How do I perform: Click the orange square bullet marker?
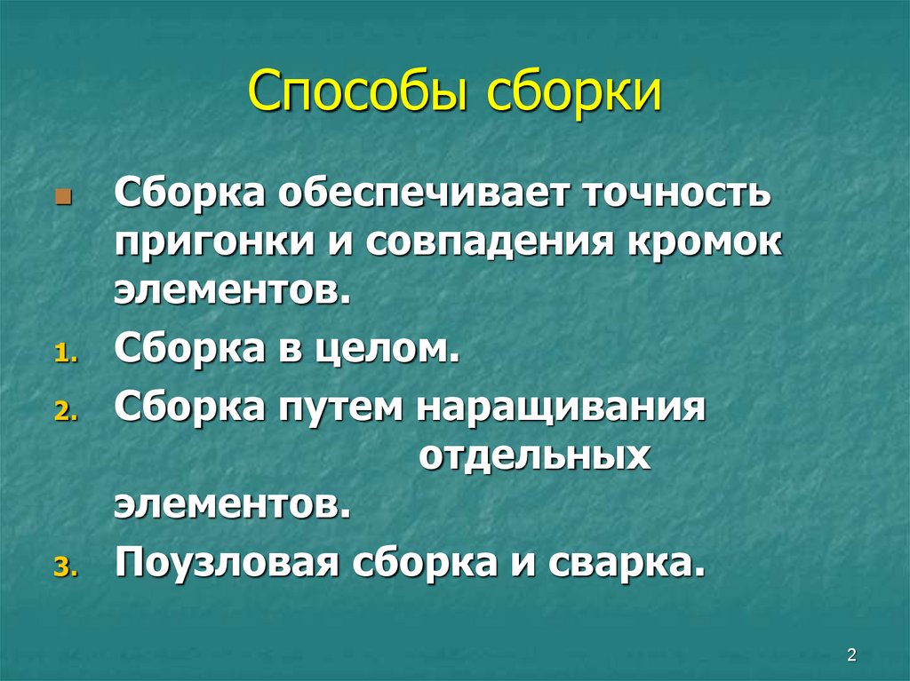[61, 194]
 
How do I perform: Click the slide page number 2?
[851, 655]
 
